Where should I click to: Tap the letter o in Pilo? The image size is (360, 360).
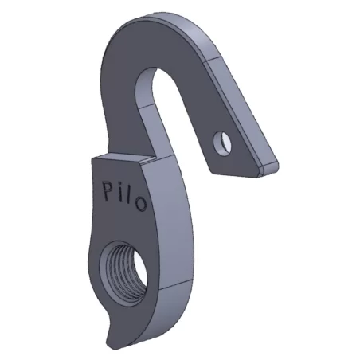coord(140,204)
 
